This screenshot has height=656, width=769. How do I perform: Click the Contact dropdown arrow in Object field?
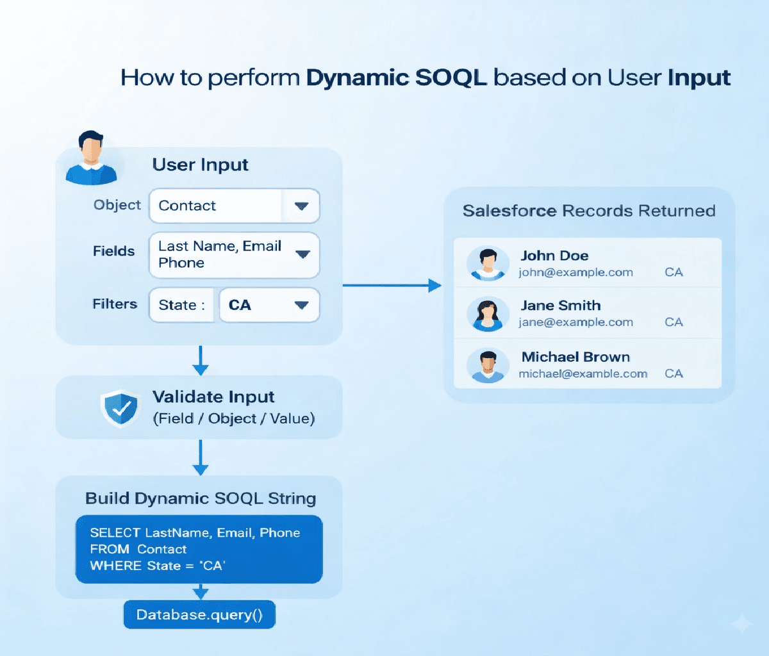point(301,206)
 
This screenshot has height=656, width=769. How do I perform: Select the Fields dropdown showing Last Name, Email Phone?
point(234,255)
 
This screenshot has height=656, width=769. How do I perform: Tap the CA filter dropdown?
point(269,305)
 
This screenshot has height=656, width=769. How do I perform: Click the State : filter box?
point(181,305)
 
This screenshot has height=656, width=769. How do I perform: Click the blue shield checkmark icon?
point(120,407)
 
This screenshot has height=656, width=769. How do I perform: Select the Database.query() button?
point(199,615)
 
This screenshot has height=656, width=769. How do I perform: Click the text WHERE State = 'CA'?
point(158,566)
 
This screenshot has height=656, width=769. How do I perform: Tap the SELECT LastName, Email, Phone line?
point(195,533)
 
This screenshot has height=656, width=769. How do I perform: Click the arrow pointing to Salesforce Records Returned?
point(392,285)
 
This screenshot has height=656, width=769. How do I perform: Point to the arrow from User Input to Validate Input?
point(201,361)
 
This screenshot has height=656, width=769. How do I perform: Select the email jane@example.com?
point(575,322)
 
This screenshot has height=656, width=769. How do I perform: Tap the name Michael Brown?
point(575,357)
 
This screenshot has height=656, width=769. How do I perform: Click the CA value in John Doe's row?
point(674,272)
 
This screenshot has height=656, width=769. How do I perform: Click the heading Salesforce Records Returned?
point(588,211)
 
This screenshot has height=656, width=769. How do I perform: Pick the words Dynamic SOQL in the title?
point(396,78)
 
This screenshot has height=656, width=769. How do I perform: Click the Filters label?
point(115,304)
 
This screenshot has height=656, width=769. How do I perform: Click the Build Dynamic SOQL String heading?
point(201,498)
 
